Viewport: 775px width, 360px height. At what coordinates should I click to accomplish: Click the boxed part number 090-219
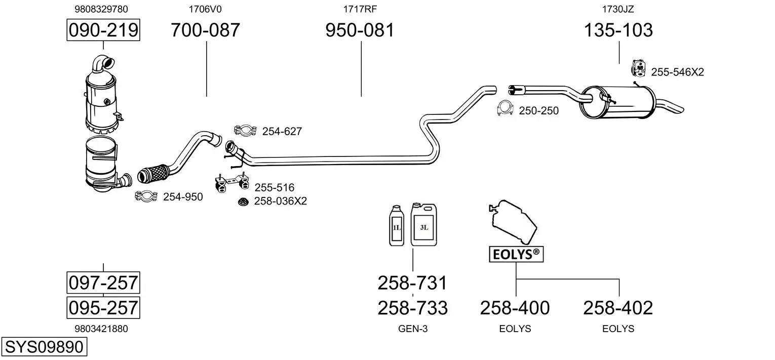click(x=103, y=30)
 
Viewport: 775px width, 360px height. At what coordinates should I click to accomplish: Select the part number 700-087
click(x=205, y=30)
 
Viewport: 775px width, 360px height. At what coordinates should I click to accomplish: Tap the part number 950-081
click(x=359, y=30)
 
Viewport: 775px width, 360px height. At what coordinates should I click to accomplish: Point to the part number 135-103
click(x=618, y=30)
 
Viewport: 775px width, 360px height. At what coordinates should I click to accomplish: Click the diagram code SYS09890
click(x=44, y=347)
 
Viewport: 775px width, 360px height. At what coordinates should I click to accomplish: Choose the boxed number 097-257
click(x=103, y=282)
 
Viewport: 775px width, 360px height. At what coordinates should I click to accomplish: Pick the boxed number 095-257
click(x=103, y=307)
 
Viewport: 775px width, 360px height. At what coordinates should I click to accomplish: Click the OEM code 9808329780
click(x=101, y=9)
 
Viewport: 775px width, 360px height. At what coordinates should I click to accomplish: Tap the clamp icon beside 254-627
click(x=244, y=131)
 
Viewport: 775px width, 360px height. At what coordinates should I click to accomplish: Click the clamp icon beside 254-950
click(x=146, y=196)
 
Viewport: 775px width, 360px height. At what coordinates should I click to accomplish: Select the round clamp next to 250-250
click(x=505, y=109)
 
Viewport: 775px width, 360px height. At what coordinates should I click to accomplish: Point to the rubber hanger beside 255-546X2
click(x=639, y=68)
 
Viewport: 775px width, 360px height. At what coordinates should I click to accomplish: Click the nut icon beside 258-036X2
click(x=243, y=202)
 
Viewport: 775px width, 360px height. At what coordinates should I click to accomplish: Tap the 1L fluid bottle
click(x=397, y=226)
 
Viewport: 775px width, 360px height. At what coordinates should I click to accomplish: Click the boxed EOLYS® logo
click(x=516, y=254)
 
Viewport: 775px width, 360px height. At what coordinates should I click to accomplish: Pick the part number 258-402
click(x=618, y=307)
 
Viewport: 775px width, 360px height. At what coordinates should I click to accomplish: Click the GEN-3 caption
click(x=413, y=329)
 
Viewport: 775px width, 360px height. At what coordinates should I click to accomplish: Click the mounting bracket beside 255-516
click(x=231, y=184)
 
